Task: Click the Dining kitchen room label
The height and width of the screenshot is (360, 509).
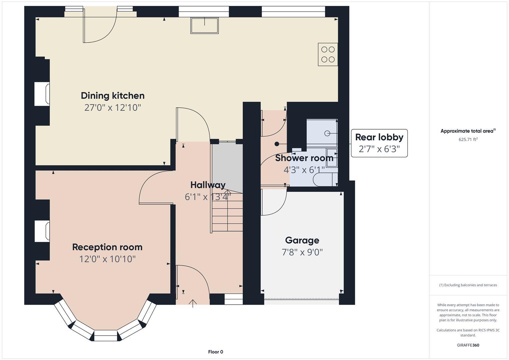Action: [x=113, y=96]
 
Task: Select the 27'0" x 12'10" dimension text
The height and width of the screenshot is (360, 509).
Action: [x=113, y=108]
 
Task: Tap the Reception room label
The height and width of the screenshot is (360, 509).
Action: [x=107, y=247]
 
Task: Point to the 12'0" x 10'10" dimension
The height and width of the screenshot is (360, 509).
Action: [x=107, y=259]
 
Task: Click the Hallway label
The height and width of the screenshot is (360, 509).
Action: [x=208, y=185]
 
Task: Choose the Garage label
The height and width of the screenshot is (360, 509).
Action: [x=302, y=240]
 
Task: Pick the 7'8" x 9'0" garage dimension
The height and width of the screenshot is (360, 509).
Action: [x=302, y=252]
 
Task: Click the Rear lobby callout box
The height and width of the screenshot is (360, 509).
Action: [x=379, y=143]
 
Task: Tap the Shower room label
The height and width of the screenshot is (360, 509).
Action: [x=304, y=158]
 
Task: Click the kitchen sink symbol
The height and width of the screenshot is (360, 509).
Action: [x=205, y=26]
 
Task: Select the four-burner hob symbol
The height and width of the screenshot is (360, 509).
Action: [x=328, y=54]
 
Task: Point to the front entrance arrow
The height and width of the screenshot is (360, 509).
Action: [x=193, y=303]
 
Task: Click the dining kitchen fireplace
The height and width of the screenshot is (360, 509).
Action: [x=42, y=94]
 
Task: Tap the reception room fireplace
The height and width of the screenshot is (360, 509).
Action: [x=42, y=231]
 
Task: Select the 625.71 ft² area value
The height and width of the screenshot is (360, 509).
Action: [x=468, y=140]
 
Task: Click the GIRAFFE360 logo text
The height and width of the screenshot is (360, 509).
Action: [x=468, y=345]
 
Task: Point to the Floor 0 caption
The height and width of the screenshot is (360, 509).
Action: [x=215, y=352]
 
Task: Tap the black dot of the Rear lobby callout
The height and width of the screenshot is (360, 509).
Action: [x=277, y=144]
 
